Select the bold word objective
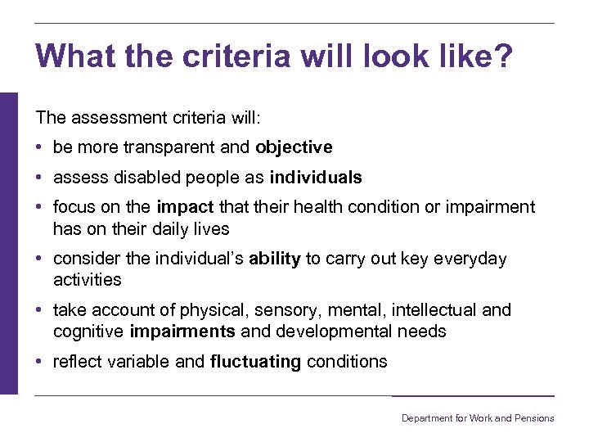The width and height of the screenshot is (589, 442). [294, 147]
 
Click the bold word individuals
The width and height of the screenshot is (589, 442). [315, 178]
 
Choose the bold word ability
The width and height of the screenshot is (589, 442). [275, 259]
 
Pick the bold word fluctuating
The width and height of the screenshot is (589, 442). [255, 362]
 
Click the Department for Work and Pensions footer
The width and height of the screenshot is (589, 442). [477, 418]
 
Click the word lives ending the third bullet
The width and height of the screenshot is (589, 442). [211, 229]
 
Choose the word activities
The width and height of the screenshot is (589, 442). [87, 280]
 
